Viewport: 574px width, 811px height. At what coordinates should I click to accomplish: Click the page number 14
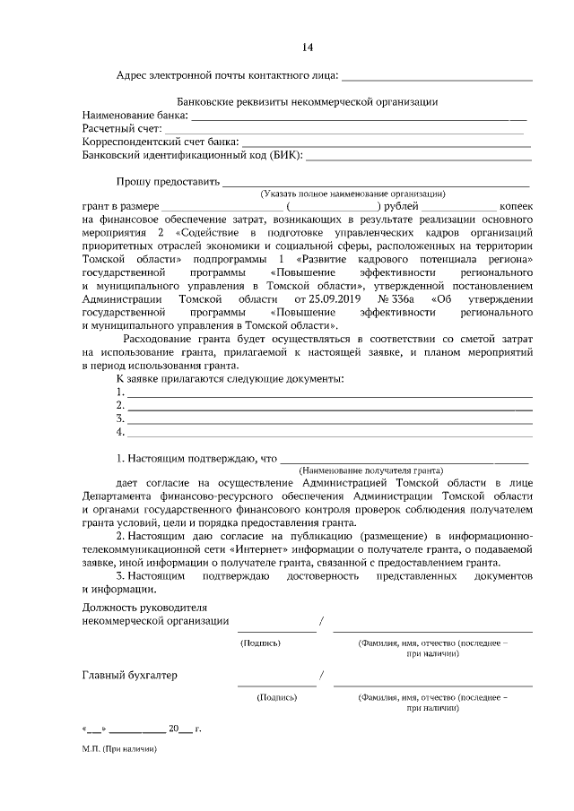308,47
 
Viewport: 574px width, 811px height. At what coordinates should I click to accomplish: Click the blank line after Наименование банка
359,118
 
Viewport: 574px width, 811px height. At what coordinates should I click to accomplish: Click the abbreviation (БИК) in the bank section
286,154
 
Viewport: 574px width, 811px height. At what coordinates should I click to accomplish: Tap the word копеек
516,206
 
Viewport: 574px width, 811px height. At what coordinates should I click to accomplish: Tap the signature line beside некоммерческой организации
276,631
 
